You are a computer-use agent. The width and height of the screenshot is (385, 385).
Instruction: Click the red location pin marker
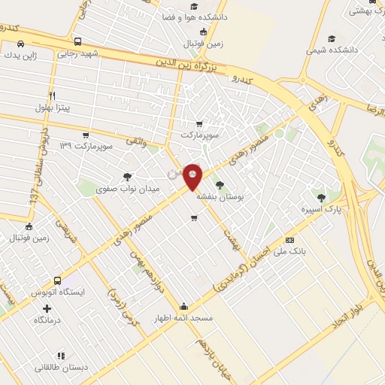[x=193, y=177]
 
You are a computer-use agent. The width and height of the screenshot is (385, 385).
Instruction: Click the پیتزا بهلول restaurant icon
[x=52, y=95]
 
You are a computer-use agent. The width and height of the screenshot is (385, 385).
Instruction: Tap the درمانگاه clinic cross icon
[x=47, y=308]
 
